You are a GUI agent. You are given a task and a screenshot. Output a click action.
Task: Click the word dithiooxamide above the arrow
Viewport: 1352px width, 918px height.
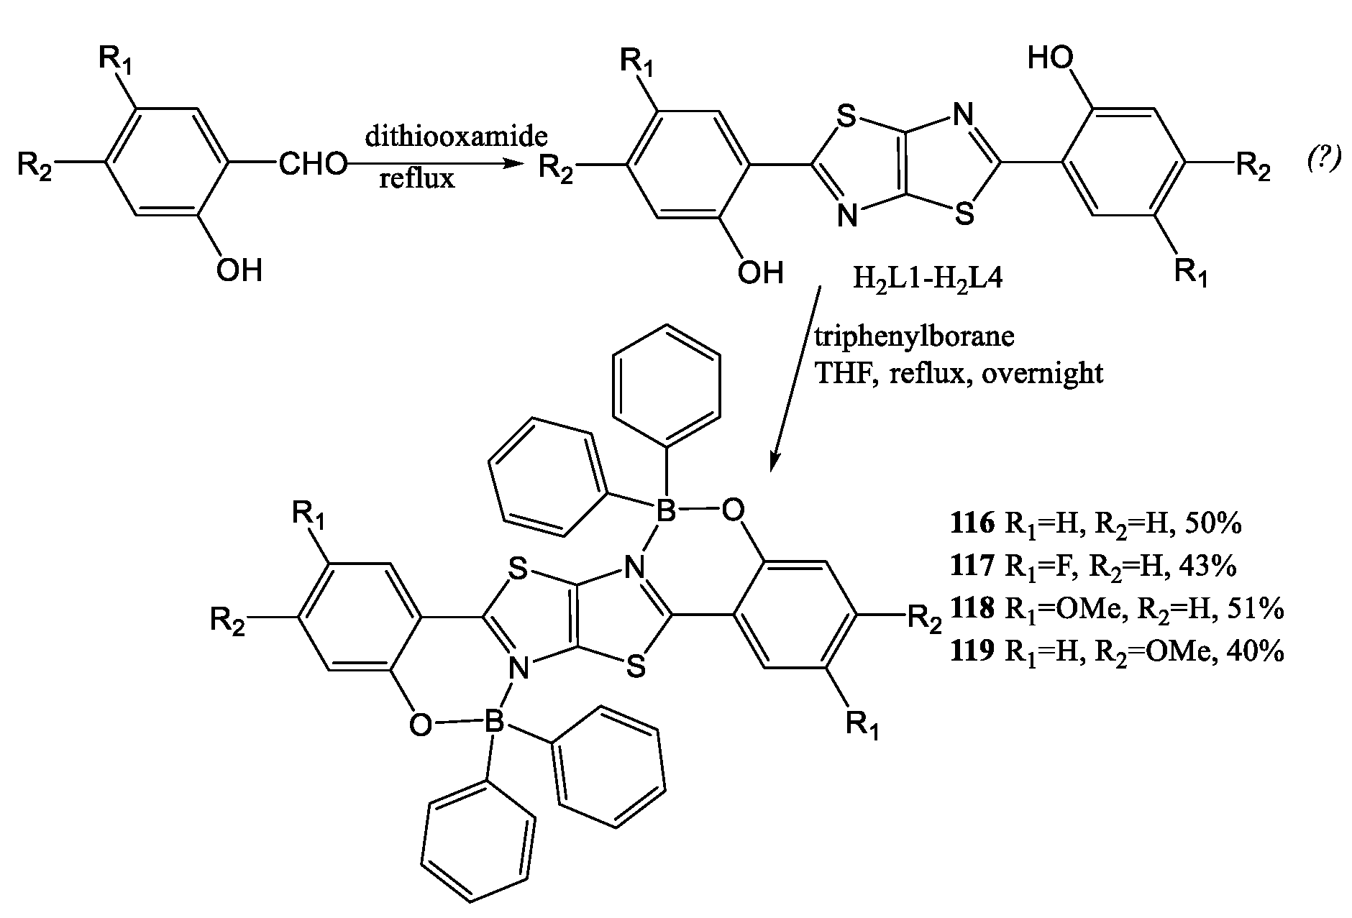pos(456,137)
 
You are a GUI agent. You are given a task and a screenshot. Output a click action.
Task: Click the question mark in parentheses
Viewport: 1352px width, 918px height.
pos(1323,161)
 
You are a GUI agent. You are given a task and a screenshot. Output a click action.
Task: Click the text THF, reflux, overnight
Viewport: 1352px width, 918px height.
pos(958,373)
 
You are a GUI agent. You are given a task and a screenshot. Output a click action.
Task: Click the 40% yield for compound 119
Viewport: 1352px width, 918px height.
pos(1258,651)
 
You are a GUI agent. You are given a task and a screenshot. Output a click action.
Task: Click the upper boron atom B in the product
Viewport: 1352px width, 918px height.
pos(667,512)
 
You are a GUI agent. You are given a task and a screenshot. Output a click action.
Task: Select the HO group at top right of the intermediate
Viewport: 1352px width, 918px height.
pos(1051,57)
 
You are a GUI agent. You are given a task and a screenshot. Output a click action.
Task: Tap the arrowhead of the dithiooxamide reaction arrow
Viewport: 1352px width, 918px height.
pos(512,165)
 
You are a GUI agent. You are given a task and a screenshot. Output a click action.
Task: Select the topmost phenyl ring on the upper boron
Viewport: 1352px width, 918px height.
pos(665,381)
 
